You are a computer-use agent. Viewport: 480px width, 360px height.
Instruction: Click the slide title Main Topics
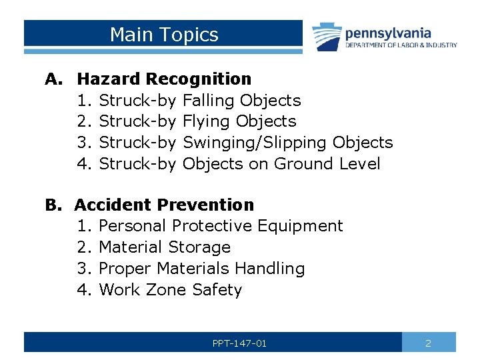(x=164, y=35)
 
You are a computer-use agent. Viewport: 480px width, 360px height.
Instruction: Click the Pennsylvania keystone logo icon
(x=327, y=37)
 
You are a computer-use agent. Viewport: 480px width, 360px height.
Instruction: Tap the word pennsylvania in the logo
(x=388, y=33)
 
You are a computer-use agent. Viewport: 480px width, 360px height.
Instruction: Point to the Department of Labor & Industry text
(x=401, y=45)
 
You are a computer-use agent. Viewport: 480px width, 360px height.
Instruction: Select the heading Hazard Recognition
(x=164, y=79)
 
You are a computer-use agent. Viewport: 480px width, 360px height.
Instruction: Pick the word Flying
(x=207, y=121)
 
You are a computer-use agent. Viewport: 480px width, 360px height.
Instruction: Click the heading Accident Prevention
(x=164, y=205)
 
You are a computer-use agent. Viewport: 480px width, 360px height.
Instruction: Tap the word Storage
(x=199, y=247)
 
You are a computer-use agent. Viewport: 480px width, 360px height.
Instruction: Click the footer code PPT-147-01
(x=239, y=343)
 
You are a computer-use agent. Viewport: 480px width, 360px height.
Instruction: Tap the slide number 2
(x=428, y=343)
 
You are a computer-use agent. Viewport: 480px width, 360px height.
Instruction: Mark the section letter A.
(x=53, y=79)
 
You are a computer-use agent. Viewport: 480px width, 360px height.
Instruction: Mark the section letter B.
(x=53, y=205)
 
